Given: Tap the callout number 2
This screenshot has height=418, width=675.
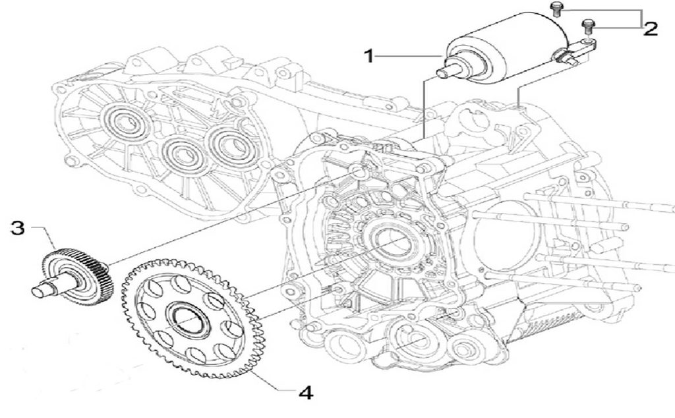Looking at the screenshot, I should (x=651, y=29).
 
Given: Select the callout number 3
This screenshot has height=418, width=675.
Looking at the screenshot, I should (x=18, y=228).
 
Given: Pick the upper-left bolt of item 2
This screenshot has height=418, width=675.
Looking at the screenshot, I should (x=556, y=9).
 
